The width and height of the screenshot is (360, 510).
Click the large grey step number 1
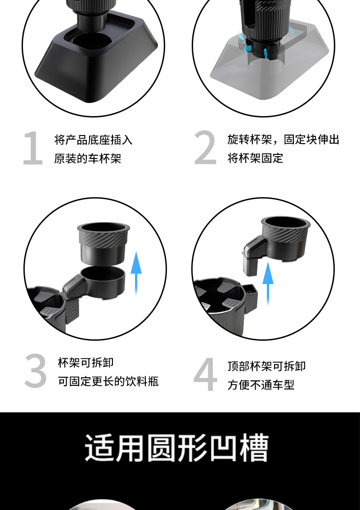click(33, 149)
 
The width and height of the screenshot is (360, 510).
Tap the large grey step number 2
click(205, 149)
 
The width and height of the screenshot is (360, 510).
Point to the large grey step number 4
click(205, 375)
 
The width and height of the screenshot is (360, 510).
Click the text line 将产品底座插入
click(93, 140)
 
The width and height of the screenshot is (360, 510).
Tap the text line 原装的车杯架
click(88, 159)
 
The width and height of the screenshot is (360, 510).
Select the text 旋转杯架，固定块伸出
click(283, 140)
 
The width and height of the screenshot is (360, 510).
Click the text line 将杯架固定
click(255, 158)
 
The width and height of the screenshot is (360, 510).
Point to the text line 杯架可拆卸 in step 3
click(85, 362)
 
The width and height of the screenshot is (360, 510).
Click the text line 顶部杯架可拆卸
click(266, 366)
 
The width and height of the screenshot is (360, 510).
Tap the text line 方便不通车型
click(261, 385)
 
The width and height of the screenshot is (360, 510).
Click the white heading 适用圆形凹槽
click(177, 448)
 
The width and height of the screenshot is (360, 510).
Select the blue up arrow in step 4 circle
click(268, 279)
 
